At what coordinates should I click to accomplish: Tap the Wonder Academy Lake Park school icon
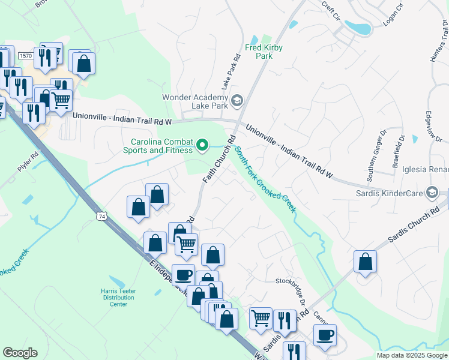click(237, 100)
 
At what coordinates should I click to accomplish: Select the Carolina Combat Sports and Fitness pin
click(202, 144)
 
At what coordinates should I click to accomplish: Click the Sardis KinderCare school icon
click(431, 193)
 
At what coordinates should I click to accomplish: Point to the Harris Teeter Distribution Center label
click(118, 297)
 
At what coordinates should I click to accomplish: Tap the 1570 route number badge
click(25, 55)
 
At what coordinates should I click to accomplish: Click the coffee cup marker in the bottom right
click(325, 334)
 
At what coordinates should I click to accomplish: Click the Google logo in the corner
click(20, 353)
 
